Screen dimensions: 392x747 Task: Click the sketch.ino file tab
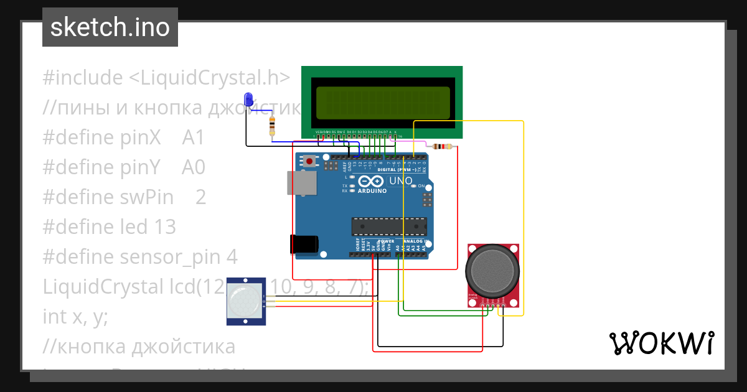110,27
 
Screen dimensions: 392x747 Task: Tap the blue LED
249,99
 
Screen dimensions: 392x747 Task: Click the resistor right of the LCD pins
443,147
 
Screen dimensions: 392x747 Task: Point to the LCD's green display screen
382,103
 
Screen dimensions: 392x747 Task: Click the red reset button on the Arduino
309,162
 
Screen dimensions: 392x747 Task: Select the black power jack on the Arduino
304,244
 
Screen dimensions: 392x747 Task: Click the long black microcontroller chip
389,227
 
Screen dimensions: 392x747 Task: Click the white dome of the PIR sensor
244,301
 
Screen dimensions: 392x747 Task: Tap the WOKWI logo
661,343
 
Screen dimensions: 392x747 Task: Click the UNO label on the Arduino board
400,181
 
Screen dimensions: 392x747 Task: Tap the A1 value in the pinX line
193,138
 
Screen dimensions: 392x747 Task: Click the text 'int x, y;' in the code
75,317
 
